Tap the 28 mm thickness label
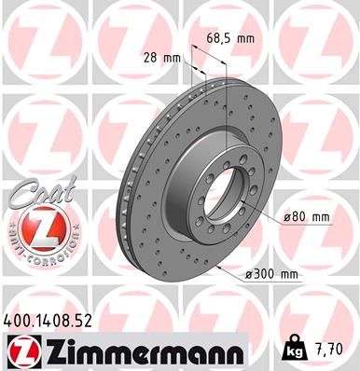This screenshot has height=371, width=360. [x=160, y=58]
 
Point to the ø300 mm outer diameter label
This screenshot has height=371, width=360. [x=270, y=274]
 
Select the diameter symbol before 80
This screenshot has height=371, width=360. [x=284, y=217]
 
